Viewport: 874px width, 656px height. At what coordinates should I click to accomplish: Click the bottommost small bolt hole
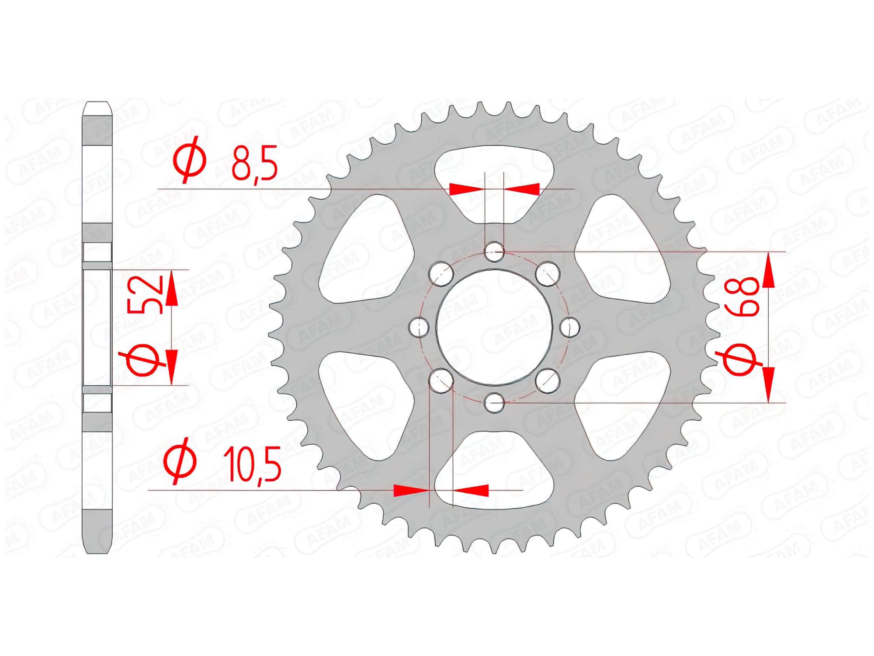click(494, 402)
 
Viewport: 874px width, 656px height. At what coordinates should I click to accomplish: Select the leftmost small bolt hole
click(420, 326)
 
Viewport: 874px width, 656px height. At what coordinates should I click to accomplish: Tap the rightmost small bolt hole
click(570, 327)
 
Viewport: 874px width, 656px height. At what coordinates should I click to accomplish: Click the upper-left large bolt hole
click(440, 273)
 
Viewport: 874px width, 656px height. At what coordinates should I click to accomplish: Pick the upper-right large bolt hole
click(548, 273)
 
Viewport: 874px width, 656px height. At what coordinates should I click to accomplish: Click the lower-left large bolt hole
click(441, 380)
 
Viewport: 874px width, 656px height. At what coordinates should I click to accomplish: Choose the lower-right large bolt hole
click(548, 380)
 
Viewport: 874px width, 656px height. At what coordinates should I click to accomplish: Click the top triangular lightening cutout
click(494, 184)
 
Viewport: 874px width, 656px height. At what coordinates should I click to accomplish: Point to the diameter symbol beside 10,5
click(180, 461)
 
